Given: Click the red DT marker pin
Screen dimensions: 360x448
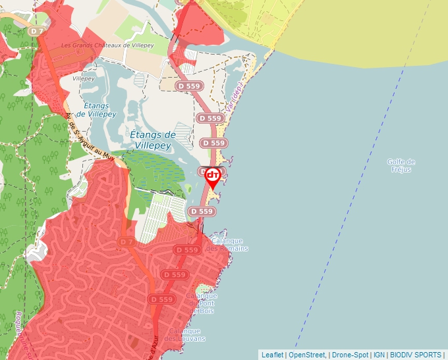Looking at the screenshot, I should click(x=213, y=176).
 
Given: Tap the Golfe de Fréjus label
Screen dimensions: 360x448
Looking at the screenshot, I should click(x=401, y=165).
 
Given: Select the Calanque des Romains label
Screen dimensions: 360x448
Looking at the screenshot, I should click(x=228, y=244).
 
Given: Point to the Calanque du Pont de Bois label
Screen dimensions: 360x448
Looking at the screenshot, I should click(x=202, y=303).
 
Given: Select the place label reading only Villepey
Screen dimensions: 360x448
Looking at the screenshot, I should click(x=84, y=78).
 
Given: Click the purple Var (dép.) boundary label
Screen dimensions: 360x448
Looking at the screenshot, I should click(x=235, y=97).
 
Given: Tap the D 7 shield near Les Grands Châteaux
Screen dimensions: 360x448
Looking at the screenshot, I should click(x=37, y=31).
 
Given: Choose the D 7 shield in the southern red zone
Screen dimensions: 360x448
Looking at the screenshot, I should click(x=127, y=242).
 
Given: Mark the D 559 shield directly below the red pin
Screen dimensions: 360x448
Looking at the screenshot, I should click(x=202, y=211).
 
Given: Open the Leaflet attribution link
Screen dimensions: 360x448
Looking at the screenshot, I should click(x=272, y=355).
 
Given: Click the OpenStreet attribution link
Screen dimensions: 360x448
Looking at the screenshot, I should click(x=307, y=355).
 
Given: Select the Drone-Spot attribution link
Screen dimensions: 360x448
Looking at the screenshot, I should click(x=350, y=355).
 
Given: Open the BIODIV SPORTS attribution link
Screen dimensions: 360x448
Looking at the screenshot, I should click(x=416, y=355).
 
